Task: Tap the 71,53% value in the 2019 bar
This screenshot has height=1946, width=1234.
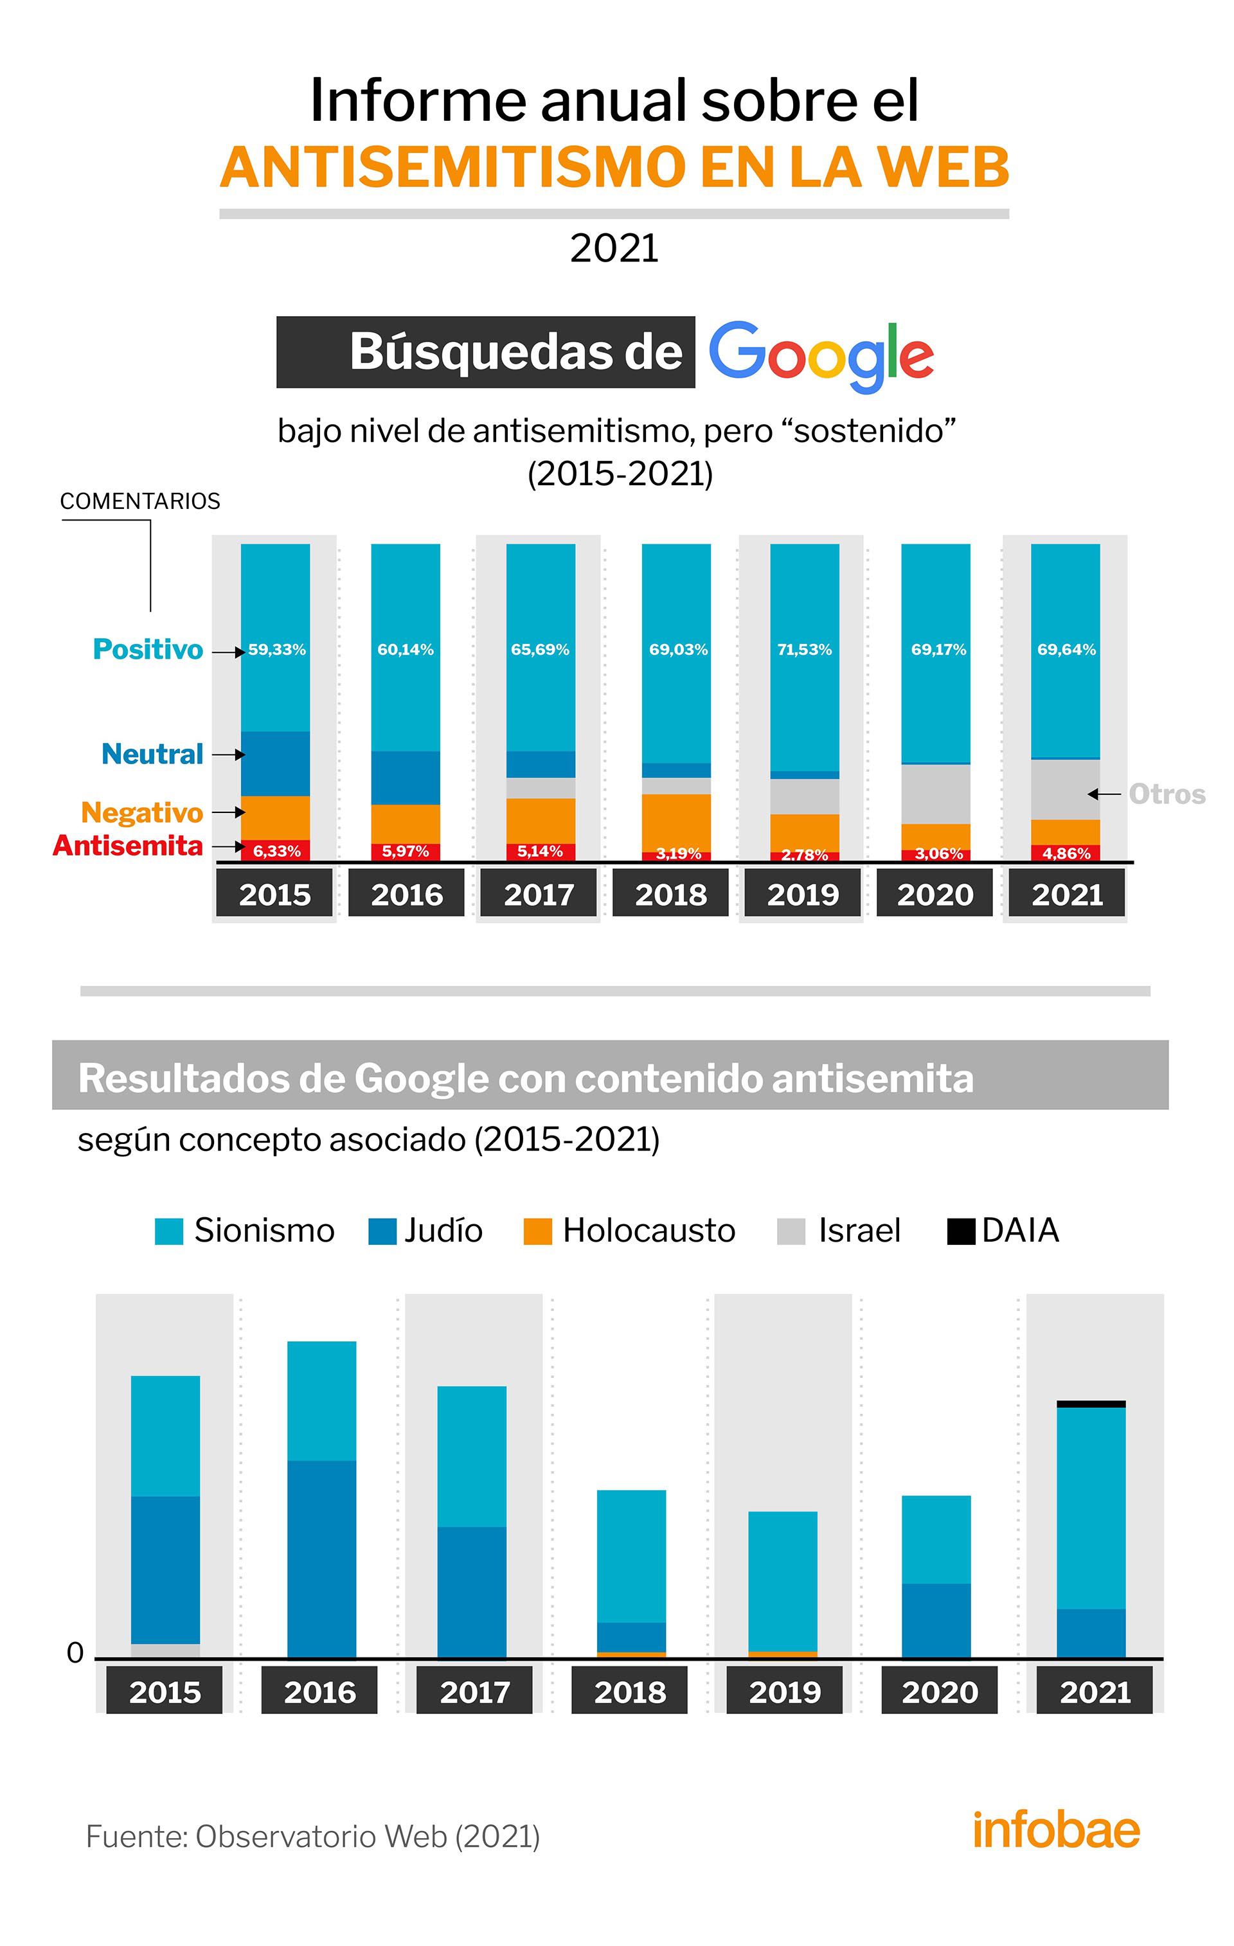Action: [x=804, y=650]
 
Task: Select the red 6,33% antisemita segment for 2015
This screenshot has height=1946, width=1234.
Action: [x=276, y=850]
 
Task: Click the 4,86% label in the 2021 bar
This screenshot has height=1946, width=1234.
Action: [x=1066, y=853]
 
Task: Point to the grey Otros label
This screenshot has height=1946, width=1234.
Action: [x=1166, y=794]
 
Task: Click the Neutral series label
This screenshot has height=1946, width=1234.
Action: [x=152, y=754]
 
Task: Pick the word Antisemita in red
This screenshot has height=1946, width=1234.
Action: [x=128, y=846]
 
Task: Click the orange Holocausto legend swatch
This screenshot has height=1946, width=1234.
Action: [x=537, y=1231]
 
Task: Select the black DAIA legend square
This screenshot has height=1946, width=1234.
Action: [x=960, y=1231]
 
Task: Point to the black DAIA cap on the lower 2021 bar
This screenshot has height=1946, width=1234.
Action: [x=1090, y=1404]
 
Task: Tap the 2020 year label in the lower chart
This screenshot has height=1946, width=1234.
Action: [x=939, y=1692]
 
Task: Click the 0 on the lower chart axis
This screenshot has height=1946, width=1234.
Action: [x=75, y=1654]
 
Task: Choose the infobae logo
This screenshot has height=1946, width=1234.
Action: [x=1055, y=1830]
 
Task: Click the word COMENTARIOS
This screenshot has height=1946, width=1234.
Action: [x=140, y=501]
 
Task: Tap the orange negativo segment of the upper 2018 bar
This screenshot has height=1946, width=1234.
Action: [x=675, y=822]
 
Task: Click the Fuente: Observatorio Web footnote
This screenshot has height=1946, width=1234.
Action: [x=313, y=1837]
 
